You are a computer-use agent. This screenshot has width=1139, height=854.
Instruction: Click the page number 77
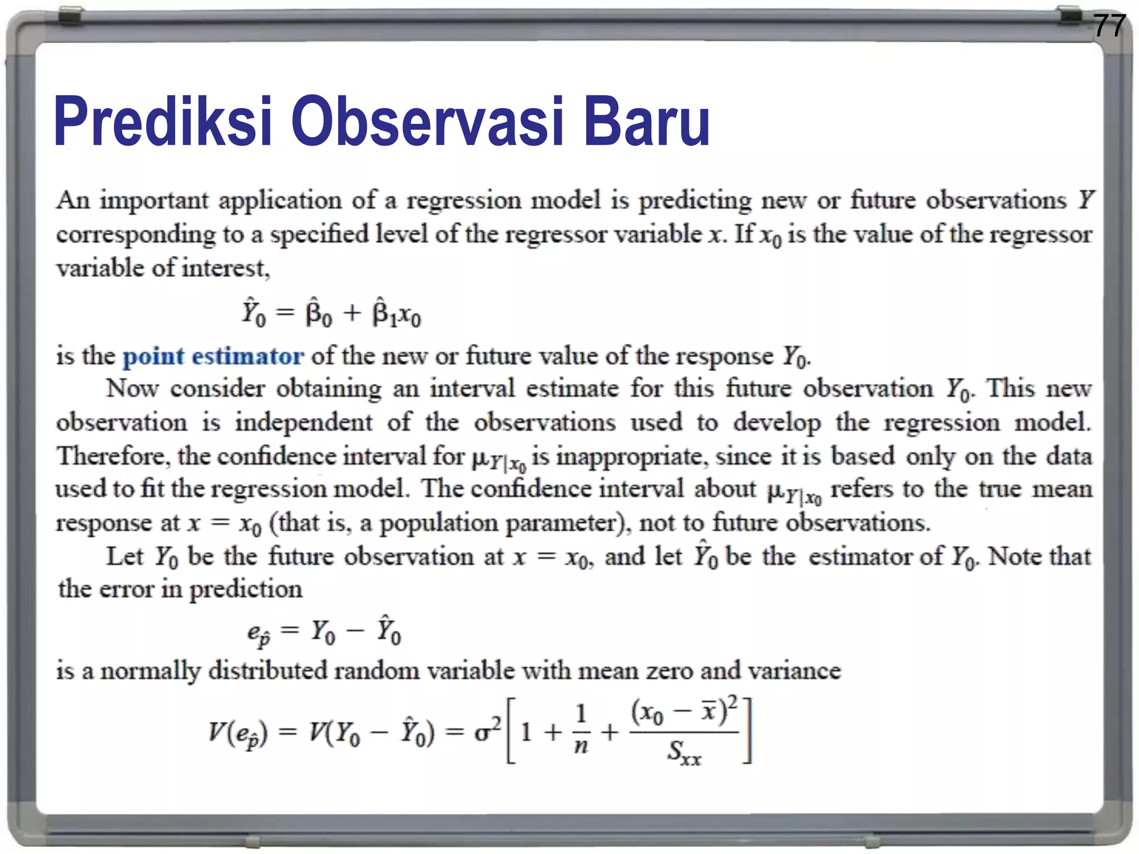click(x=1109, y=26)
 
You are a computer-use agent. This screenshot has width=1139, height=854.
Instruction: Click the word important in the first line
click(x=154, y=201)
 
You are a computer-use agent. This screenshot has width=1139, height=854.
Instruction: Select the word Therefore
click(x=112, y=456)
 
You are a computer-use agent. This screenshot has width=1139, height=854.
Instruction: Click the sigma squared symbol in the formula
click(x=487, y=731)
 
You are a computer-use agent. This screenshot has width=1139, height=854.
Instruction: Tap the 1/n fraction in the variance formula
click(x=581, y=730)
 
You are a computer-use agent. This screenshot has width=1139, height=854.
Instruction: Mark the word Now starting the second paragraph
click(x=132, y=389)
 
